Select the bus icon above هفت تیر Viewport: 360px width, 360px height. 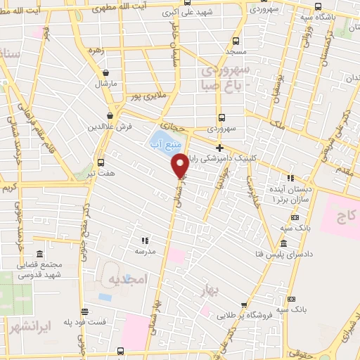(x=101, y=162)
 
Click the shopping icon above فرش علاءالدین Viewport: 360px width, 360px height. (x=110, y=116)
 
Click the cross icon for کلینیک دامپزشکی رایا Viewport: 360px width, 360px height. (x=220, y=148)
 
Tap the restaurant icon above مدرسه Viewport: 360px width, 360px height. (x=146, y=240)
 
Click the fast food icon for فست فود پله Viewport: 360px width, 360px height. (x=85, y=311)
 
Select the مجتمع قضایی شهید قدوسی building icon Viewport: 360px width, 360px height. (x=39, y=253)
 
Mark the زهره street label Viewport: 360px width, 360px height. (x=96, y=51)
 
